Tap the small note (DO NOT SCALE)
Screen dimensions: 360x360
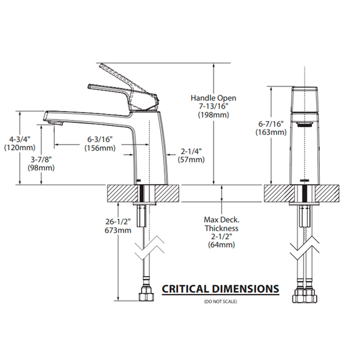pos(221,300)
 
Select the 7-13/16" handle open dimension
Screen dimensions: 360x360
pos(213,106)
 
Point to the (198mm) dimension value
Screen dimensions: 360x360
pos(213,116)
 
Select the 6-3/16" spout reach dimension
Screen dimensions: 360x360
pos(100,139)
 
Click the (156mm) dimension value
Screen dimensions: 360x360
pos(100,148)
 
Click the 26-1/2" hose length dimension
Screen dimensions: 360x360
pos(118,220)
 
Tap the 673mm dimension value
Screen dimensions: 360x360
pos(118,230)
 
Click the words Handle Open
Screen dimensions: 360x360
pos(214,97)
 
